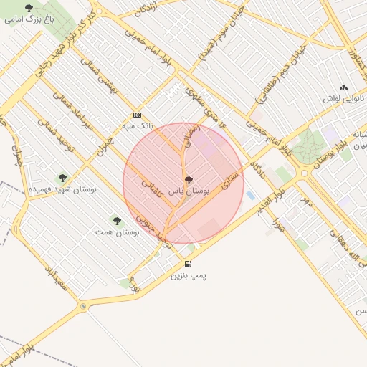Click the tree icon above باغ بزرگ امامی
29,9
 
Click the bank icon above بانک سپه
137,115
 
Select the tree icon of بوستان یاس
189,181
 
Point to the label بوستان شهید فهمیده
62,189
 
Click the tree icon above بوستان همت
117,220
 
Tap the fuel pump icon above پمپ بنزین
188,264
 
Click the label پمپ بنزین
189,275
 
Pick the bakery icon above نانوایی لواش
343,87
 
